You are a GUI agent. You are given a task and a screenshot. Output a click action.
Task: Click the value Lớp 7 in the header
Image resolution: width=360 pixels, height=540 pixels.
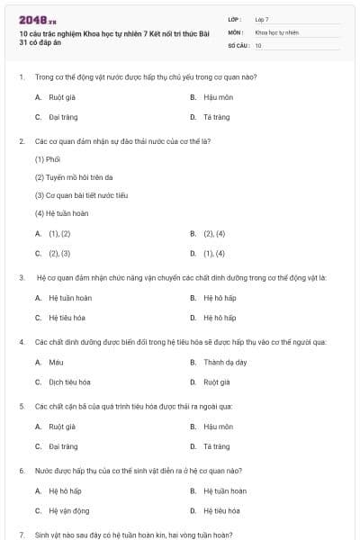coord(262,19)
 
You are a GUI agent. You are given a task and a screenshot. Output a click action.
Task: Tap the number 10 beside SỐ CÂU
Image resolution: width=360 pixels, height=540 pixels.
coord(258,44)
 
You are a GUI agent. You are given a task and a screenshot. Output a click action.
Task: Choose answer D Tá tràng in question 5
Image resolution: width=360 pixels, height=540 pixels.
coord(216,445)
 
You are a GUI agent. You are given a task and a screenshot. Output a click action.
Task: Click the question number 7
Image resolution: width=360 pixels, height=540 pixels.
coord(22,534)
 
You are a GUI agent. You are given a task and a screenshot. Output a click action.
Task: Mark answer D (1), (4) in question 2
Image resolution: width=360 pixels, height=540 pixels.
coord(213,254)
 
